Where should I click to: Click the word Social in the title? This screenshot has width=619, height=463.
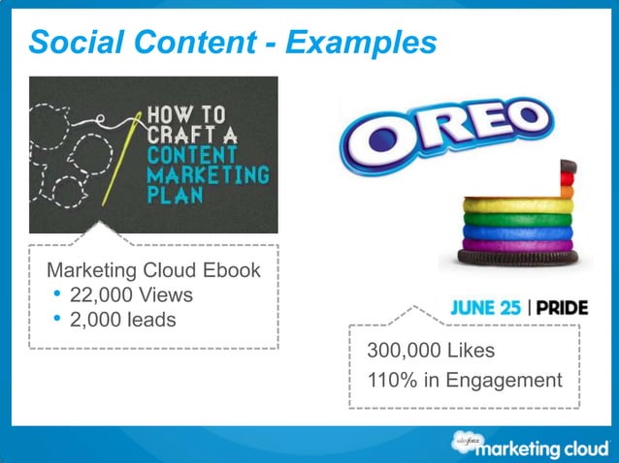pyautogui.click(x=69, y=42)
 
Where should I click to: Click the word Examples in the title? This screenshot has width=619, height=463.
pyautogui.click(x=368, y=42)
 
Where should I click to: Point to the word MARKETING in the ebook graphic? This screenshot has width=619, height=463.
pyautogui.click(x=206, y=175)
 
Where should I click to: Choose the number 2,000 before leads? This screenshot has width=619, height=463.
pyautogui.click(x=96, y=319)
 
